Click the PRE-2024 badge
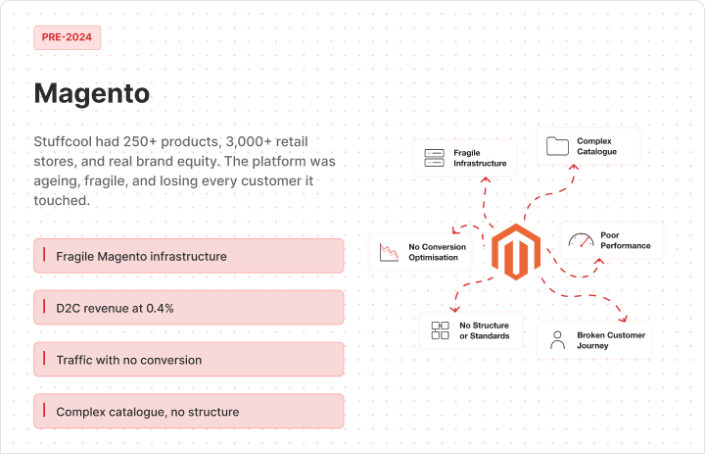click(67, 37)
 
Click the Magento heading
click(92, 93)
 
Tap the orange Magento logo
click(516, 252)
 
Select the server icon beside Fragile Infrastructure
click(435, 158)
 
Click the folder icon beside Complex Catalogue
click(557, 146)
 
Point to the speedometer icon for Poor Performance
click(581, 240)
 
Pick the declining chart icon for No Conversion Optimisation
click(389, 252)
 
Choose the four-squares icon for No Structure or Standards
click(441, 330)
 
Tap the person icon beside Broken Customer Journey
click(557, 340)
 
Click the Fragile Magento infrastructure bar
click(189, 256)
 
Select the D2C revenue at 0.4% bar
click(189, 308)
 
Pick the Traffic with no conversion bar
click(189, 360)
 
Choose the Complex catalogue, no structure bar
click(189, 411)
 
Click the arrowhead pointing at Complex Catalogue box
click(574, 167)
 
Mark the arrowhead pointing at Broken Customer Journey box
click(623, 319)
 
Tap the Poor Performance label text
click(626, 240)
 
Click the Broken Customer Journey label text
click(611, 340)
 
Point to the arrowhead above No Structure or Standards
click(455, 309)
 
